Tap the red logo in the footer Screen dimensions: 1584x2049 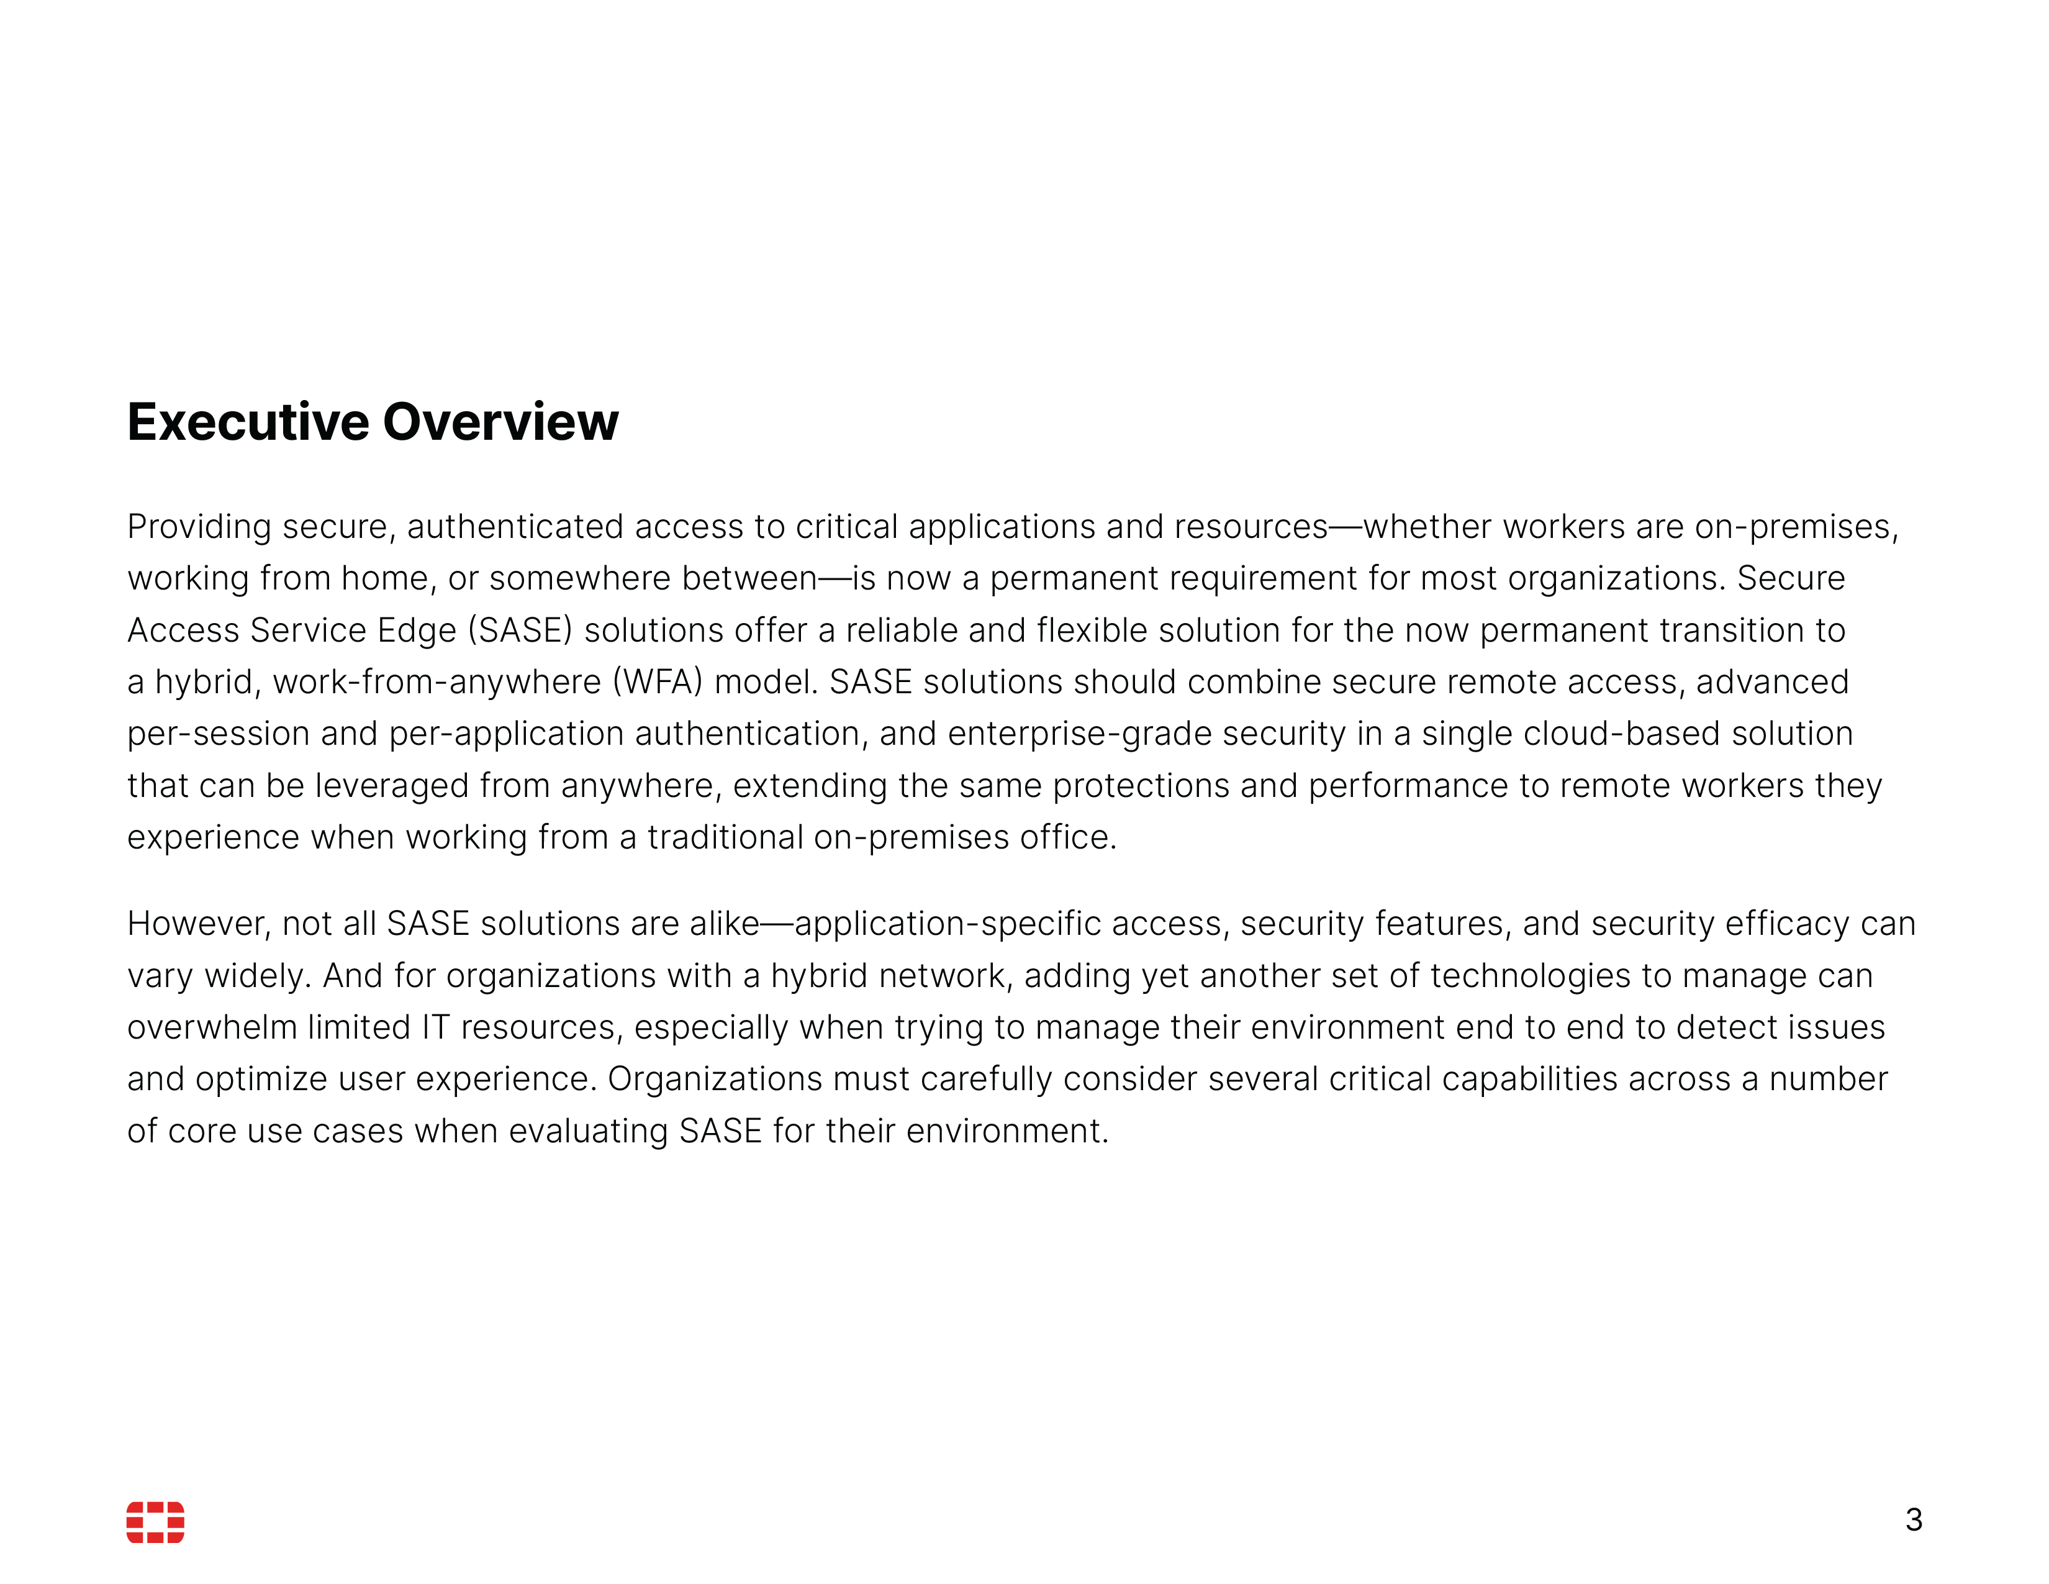(156, 1521)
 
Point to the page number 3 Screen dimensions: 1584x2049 (1913, 1519)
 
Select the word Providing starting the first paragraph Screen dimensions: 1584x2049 (199, 527)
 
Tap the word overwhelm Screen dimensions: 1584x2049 (212, 1027)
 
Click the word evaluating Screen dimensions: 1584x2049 (588, 1132)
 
